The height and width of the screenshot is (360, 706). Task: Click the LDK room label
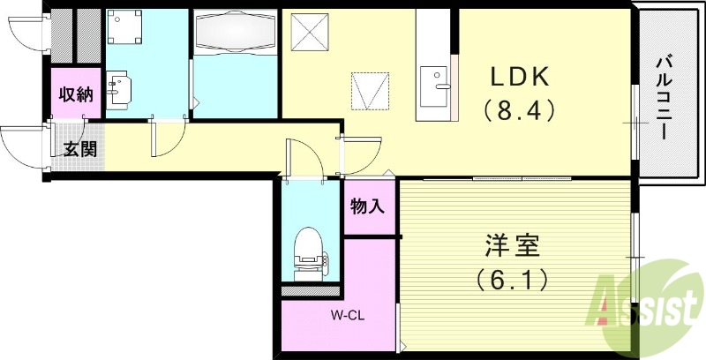(x=521, y=78)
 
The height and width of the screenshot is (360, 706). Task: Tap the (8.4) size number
(x=519, y=111)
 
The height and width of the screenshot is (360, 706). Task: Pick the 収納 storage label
(x=76, y=95)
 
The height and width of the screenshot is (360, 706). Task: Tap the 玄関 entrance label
(x=80, y=149)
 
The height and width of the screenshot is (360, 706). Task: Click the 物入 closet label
(x=368, y=208)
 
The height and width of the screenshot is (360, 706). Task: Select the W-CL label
(x=349, y=314)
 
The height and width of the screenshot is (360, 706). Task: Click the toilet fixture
(x=309, y=250)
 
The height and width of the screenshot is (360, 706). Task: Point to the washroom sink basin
(x=118, y=89)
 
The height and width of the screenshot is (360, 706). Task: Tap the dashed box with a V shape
(x=370, y=90)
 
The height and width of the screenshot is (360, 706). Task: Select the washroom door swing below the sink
(x=168, y=137)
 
